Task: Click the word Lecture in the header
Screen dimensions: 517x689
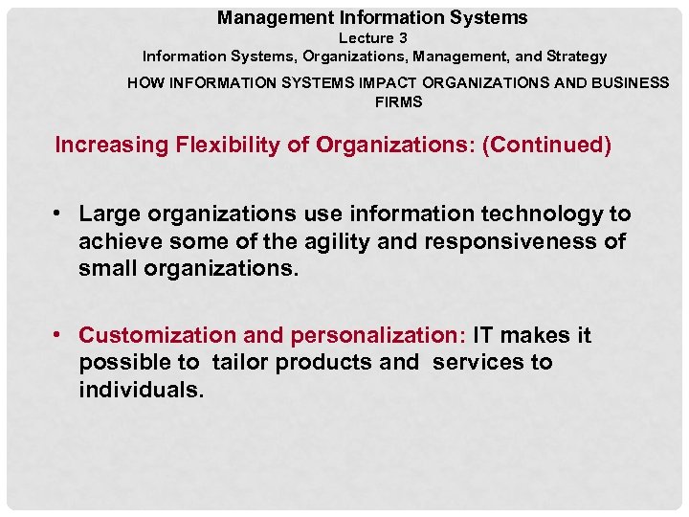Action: point(365,38)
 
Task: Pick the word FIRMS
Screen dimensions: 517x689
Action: point(398,101)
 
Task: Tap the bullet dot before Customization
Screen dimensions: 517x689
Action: point(59,336)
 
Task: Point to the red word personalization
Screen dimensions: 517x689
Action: point(375,336)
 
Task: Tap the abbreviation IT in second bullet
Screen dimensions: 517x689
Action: point(484,336)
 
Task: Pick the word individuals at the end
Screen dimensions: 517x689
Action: point(141,391)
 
